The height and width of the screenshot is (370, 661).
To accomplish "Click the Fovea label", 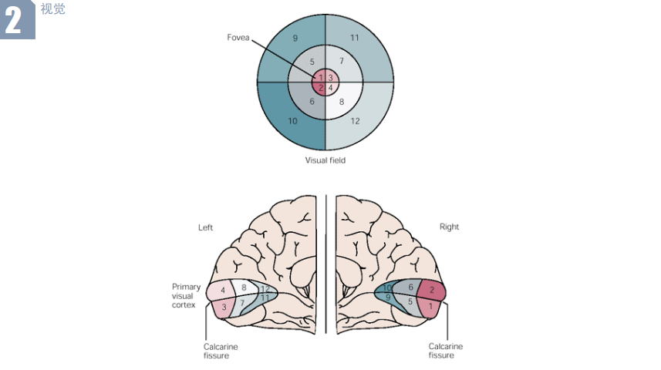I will [238, 37].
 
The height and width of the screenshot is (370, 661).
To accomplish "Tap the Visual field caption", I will [325, 160].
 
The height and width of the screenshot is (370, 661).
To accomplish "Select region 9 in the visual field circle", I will [295, 38].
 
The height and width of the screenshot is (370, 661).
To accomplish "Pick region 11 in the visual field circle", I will [355, 38].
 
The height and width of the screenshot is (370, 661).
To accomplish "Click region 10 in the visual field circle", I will [293, 121].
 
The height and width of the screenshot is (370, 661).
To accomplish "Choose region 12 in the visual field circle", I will [355, 121].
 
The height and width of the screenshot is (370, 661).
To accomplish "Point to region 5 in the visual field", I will [312, 61].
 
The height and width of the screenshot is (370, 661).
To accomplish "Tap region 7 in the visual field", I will [341, 61].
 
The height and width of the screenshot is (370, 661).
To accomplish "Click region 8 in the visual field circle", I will [341, 101].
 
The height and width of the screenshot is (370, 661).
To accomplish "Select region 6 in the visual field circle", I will [312, 101].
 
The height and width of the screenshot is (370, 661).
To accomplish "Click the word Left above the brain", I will [205, 227].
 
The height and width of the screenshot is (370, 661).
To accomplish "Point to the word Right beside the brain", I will [449, 227].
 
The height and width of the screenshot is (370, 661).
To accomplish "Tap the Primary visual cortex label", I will [186, 295].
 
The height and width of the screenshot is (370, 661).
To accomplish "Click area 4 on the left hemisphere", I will [223, 291].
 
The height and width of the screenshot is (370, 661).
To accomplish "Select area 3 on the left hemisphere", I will [224, 308].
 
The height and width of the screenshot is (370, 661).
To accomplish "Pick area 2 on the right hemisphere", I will [432, 291].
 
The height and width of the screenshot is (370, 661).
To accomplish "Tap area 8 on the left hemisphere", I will [244, 288].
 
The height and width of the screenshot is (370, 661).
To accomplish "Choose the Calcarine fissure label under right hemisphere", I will [446, 351].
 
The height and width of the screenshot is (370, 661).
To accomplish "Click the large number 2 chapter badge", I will [15, 21].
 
